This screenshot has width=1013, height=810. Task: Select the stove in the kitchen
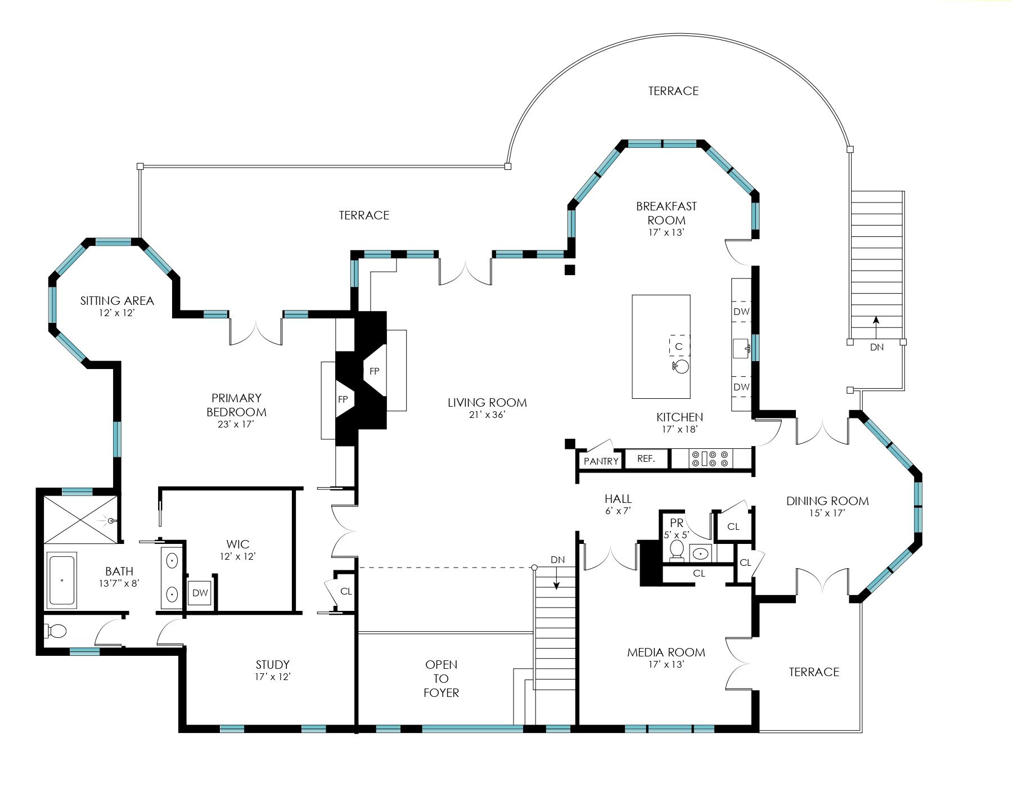710,458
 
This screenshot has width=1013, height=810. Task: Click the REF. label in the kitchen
646,458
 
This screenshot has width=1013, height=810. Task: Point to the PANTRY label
601,461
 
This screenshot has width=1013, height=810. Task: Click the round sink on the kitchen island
682,367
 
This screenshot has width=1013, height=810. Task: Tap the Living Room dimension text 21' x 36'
487,415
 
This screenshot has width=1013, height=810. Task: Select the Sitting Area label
117,300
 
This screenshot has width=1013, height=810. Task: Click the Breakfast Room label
667,213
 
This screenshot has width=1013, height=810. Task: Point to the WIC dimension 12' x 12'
238,556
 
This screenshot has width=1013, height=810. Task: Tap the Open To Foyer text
441,678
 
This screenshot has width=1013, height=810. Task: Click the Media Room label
666,652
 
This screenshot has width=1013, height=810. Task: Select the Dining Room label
827,501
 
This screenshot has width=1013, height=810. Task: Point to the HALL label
618,498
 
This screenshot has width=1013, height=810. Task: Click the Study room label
273,664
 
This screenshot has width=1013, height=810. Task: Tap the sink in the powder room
700,553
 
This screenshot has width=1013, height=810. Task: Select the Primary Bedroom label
236,405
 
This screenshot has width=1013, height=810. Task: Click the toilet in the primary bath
56,631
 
